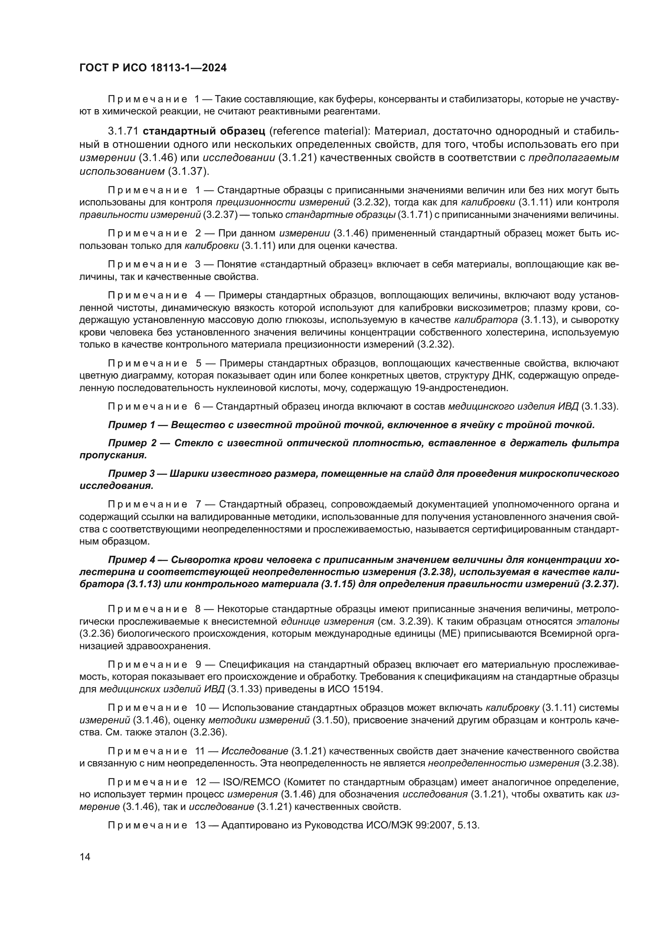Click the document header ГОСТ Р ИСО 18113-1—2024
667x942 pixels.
153,68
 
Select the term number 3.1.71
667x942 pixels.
123,131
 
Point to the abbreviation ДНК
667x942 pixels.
502,375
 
